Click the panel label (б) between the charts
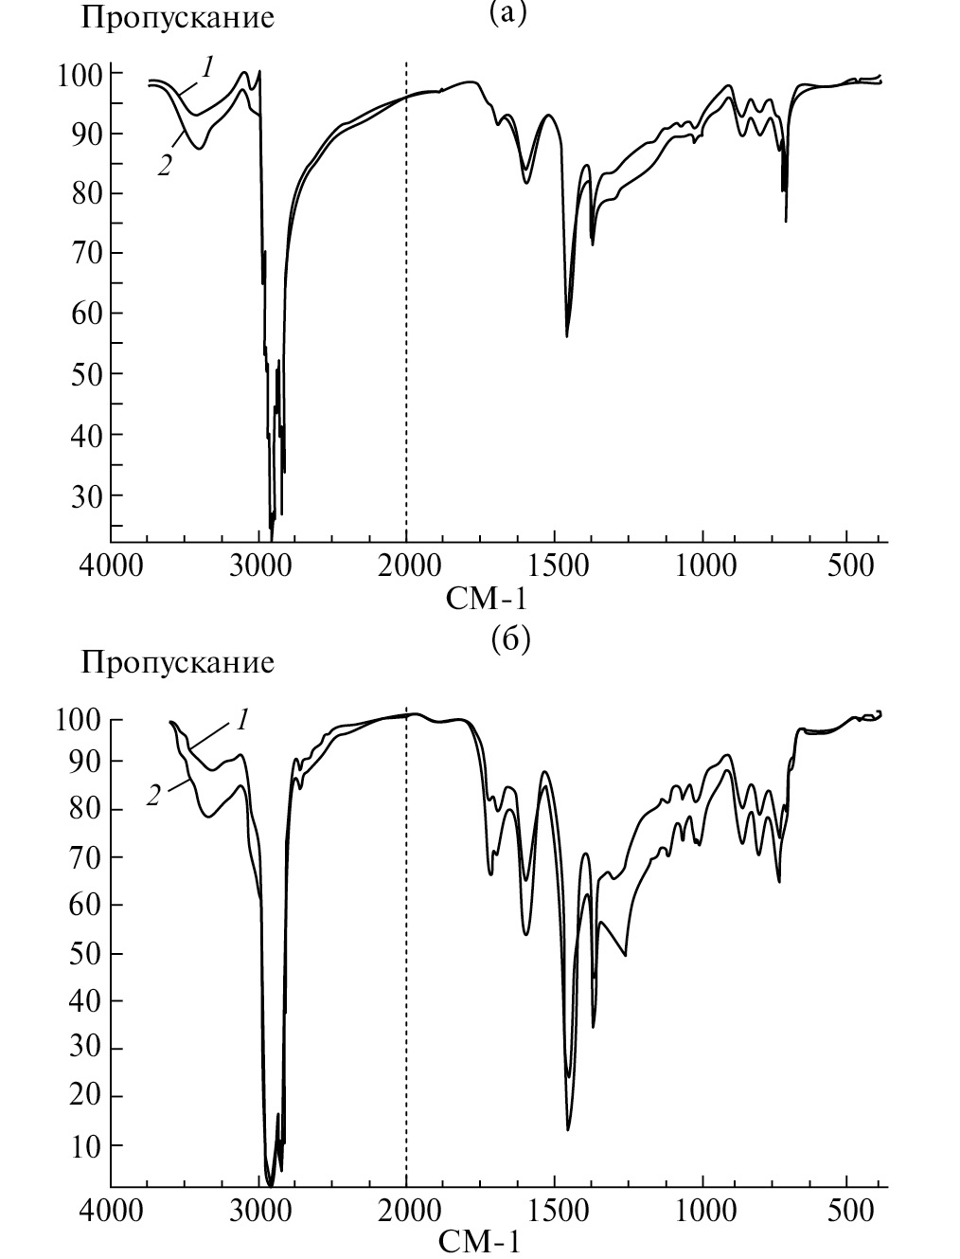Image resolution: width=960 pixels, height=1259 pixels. coord(511,639)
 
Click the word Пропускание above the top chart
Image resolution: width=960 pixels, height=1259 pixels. coord(178,18)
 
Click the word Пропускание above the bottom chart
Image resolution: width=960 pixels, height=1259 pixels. coord(178,661)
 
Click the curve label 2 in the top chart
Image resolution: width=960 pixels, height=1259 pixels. coord(165,166)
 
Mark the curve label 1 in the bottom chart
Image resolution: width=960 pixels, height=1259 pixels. coord(241,720)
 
